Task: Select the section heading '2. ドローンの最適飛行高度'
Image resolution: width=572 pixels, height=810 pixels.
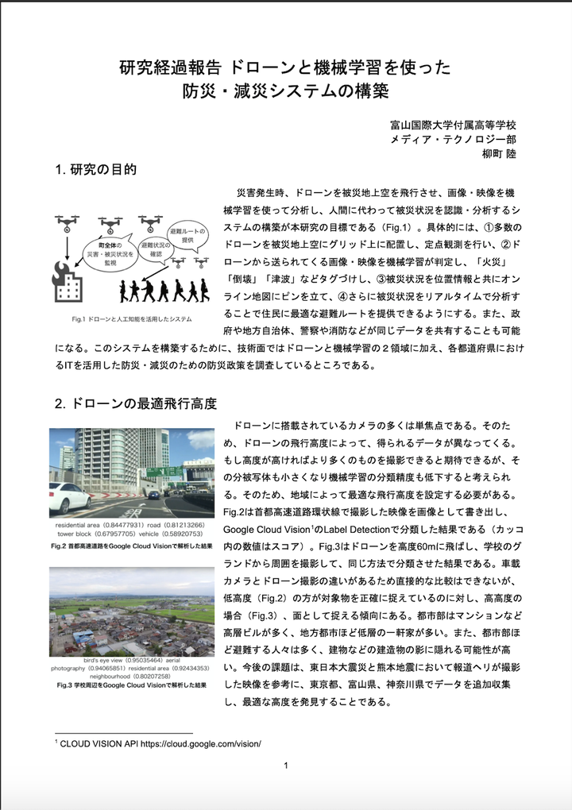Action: click(136, 403)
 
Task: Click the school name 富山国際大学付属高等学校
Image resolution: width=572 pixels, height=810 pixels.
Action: click(453, 125)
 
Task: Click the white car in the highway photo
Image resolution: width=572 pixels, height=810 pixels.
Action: click(68, 499)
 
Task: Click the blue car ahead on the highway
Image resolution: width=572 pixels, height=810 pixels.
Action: click(154, 494)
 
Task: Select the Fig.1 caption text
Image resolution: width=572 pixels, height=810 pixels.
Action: click(131, 319)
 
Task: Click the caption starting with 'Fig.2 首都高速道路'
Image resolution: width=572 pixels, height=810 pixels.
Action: click(131, 546)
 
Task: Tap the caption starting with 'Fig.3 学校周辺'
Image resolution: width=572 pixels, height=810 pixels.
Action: click(131, 685)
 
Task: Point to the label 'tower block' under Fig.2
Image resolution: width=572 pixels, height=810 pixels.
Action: click(75, 535)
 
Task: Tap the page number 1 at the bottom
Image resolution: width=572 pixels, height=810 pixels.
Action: click(285, 766)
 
